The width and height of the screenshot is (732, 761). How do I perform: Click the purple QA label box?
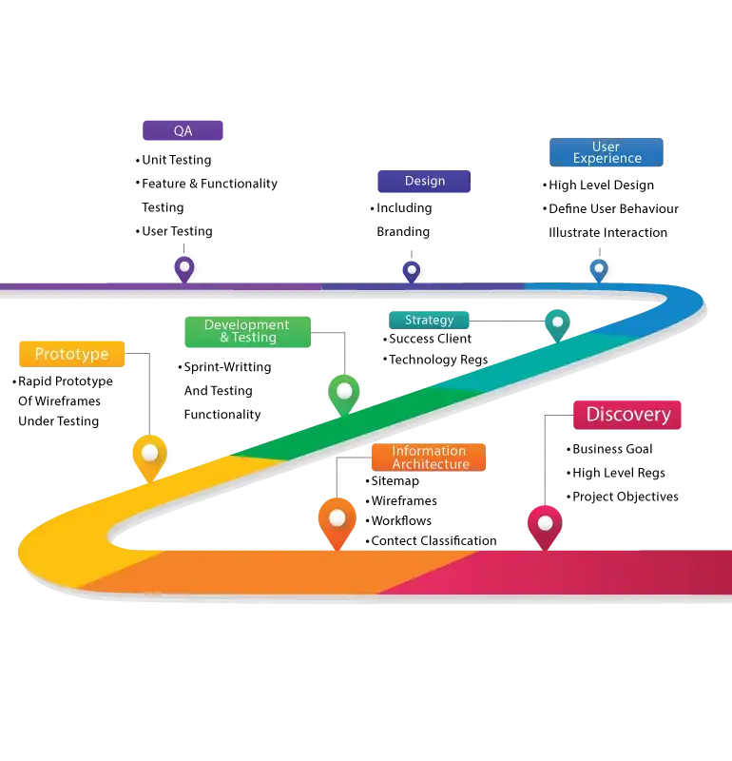183,130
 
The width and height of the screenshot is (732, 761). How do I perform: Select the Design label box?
423,181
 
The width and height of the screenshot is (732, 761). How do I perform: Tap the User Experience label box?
607,152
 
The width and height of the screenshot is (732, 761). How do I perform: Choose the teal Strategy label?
429,320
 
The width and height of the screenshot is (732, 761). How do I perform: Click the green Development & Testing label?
247,331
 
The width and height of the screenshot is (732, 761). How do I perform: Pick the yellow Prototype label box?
72,354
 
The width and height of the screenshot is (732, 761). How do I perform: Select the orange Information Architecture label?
429,458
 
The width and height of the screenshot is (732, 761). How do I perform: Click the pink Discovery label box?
627,415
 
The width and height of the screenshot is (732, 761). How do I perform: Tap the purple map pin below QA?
185,268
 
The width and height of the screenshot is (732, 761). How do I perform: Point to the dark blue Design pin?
412,271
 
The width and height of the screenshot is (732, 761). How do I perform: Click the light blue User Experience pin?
599,270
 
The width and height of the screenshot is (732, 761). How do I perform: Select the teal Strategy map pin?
557,323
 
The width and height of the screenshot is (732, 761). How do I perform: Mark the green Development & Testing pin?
344,391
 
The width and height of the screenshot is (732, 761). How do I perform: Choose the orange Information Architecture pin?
337,519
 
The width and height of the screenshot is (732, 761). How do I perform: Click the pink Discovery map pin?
545,523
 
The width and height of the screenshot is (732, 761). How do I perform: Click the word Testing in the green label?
255,338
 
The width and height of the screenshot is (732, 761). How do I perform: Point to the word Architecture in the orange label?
431,464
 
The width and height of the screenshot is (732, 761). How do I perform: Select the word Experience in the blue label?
607,159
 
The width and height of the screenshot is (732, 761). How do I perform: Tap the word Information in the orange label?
429,451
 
